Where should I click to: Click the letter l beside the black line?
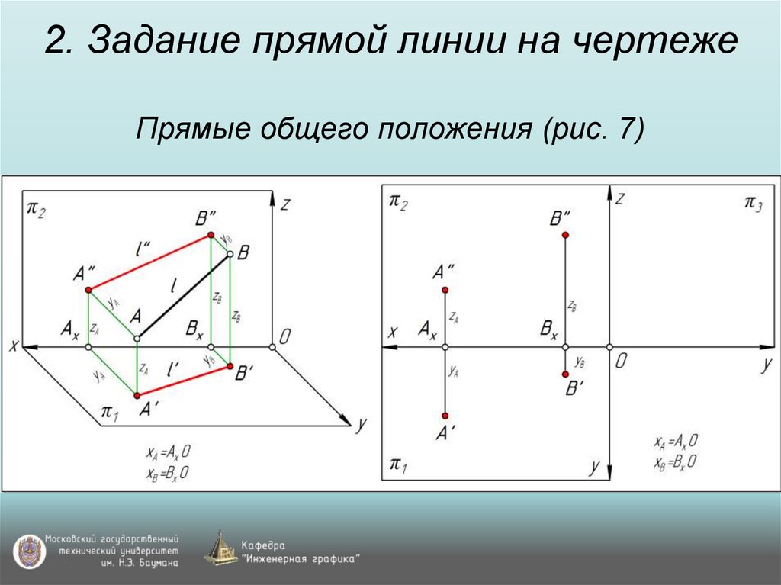(x=175, y=287)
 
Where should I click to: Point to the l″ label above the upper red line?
(x=143, y=249)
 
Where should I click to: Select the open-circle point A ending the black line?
(x=137, y=338)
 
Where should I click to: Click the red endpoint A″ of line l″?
(x=88, y=290)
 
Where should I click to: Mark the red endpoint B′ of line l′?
(x=230, y=367)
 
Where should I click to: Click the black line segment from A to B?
(x=183, y=297)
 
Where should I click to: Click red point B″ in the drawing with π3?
(x=565, y=235)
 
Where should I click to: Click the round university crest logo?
(x=27, y=551)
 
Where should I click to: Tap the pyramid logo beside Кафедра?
(x=220, y=548)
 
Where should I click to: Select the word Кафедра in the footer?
(x=263, y=545)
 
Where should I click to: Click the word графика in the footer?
(x=329, y=559)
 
